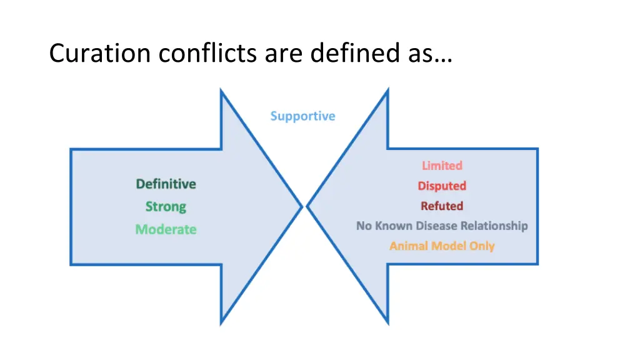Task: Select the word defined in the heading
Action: click(x=347, y=54)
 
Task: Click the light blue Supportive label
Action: click(x=302, y=116)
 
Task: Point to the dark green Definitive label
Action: click(x=166, y=184)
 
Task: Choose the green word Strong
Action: click(x=166, y=207)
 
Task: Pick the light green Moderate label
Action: click(x=166, y=229)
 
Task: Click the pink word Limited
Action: click(x=442, y=166)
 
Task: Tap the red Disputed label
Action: click(x=442, y=186)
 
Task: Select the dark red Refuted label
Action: click(x=442, y=206)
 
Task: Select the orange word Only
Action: click(x=482, y=246)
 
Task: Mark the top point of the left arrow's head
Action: click(x=221, y=91)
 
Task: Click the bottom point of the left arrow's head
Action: click(x=221, y=324)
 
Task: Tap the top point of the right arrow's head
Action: click(x=387, y=91)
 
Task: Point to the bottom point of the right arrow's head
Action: click(x=387, y=324)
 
